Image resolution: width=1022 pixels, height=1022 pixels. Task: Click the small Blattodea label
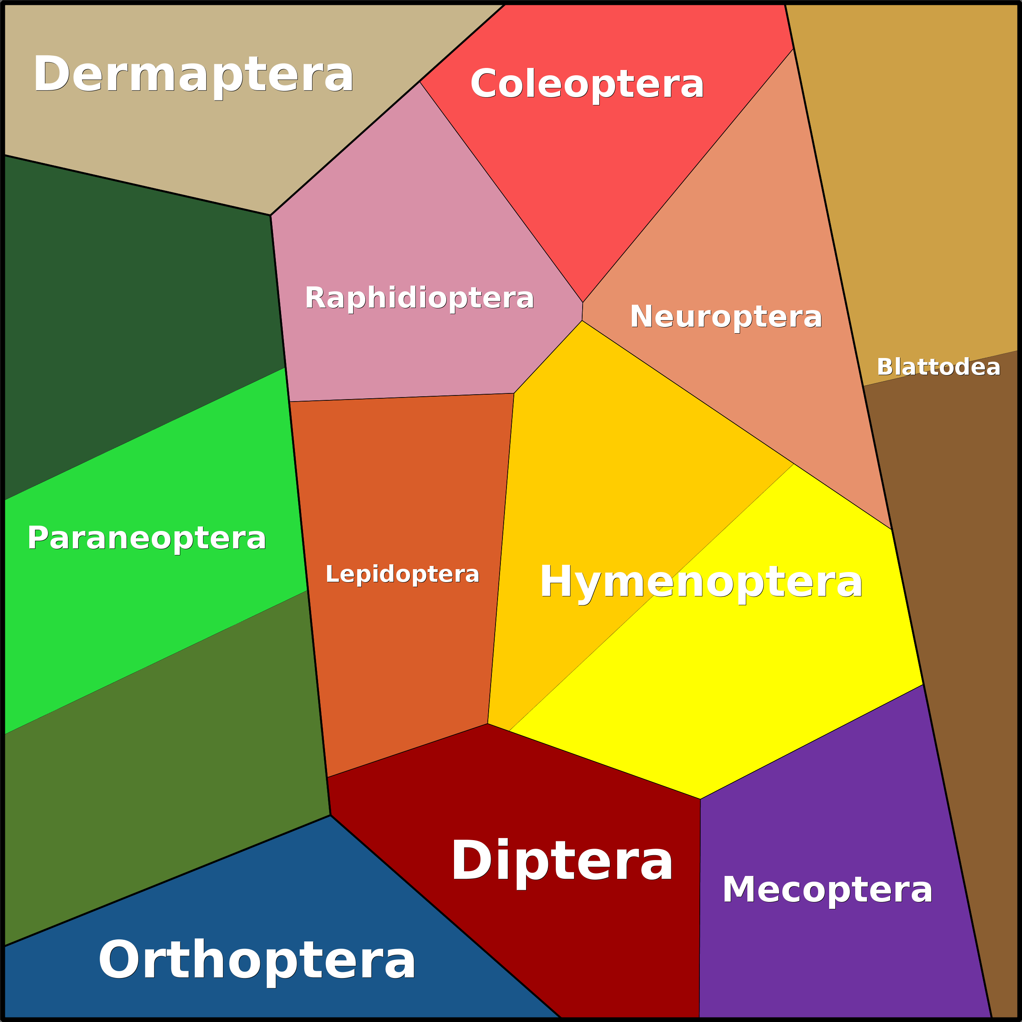coord(939,367)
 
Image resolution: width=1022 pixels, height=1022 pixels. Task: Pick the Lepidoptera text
coord(402,574)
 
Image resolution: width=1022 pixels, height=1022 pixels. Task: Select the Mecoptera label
coord(828,890)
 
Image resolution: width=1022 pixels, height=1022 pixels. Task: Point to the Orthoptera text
coord(257,960)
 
